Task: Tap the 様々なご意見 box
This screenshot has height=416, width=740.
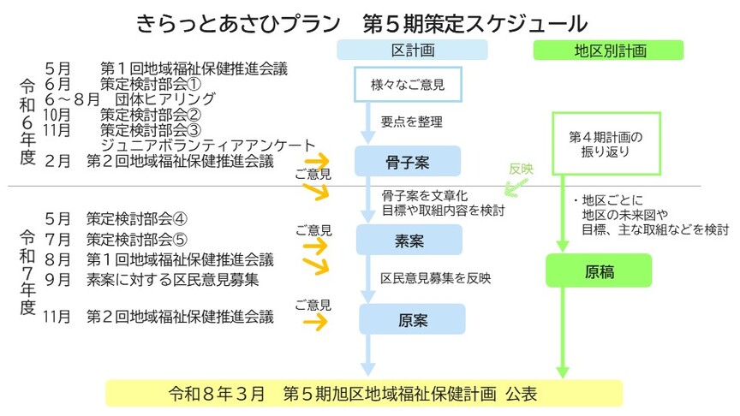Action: pos(408,85)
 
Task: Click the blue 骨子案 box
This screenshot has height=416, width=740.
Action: pos(408,160)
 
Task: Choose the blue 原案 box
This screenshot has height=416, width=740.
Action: pos(412,320)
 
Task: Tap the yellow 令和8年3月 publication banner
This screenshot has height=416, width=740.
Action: pos(363,394)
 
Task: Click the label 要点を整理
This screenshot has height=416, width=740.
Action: pos(412,122)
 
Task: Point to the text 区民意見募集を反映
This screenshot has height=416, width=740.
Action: pos(437,278)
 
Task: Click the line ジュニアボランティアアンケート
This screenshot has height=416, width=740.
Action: pos(208,146)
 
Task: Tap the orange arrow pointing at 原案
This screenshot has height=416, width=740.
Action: pos(314,322)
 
